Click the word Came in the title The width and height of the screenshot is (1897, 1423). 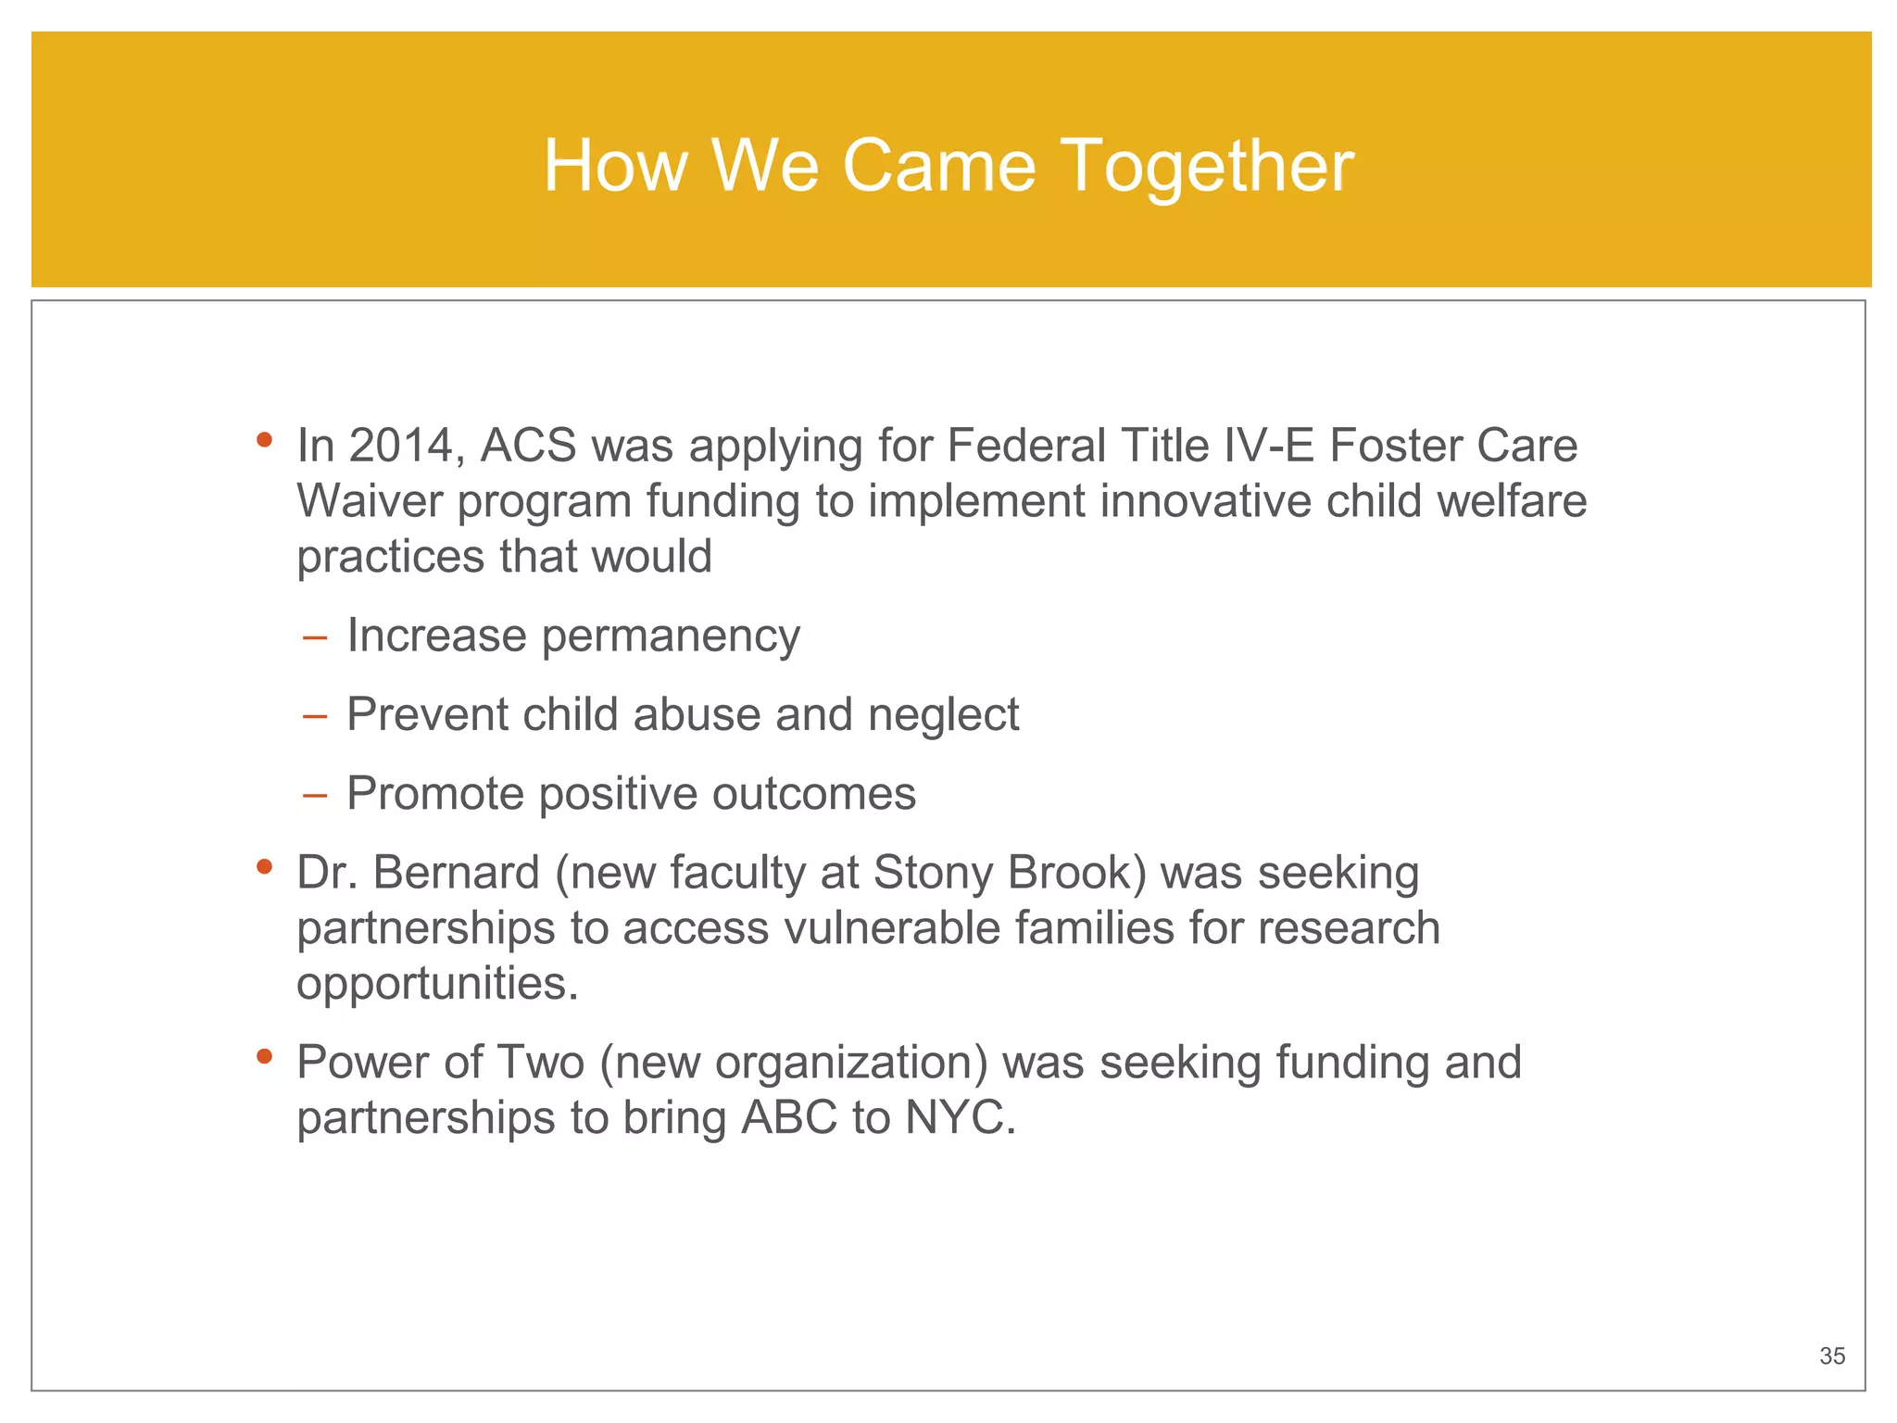click(x=938, y=167)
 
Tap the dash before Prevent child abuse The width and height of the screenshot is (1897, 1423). click(x=315, y=716)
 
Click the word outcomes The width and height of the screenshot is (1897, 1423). click(x=813, y=795)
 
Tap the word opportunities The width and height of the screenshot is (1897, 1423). click(x=436, y=985)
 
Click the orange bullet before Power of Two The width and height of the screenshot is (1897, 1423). click(x=265, y=1056)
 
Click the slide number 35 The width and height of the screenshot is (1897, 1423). click(x=1831, y=1356)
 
